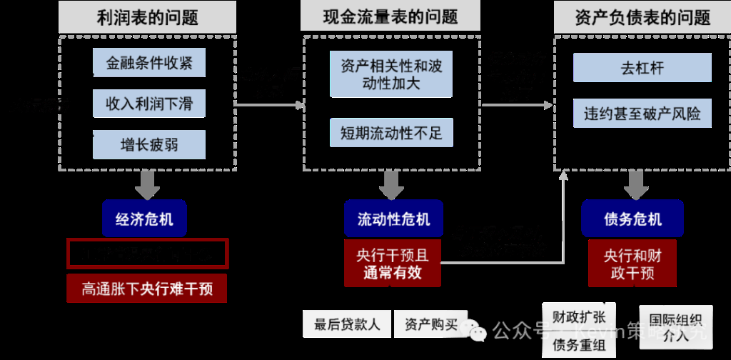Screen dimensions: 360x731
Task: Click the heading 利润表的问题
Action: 147,18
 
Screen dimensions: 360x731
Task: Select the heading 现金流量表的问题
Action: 390,16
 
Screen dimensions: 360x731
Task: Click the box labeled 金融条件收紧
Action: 149,63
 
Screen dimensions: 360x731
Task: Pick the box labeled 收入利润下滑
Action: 149,104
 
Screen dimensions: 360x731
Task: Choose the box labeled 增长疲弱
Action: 149,145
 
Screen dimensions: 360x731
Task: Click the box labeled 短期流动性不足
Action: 391,133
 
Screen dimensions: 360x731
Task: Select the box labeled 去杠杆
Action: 642,69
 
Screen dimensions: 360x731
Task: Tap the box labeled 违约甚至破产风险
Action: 642,114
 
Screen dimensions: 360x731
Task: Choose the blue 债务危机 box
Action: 632,219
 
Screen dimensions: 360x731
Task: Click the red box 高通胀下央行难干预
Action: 146,289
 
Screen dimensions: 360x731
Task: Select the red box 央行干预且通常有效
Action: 392,264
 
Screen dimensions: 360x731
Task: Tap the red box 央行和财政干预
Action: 632,264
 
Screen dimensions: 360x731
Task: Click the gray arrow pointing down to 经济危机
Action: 147,185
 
